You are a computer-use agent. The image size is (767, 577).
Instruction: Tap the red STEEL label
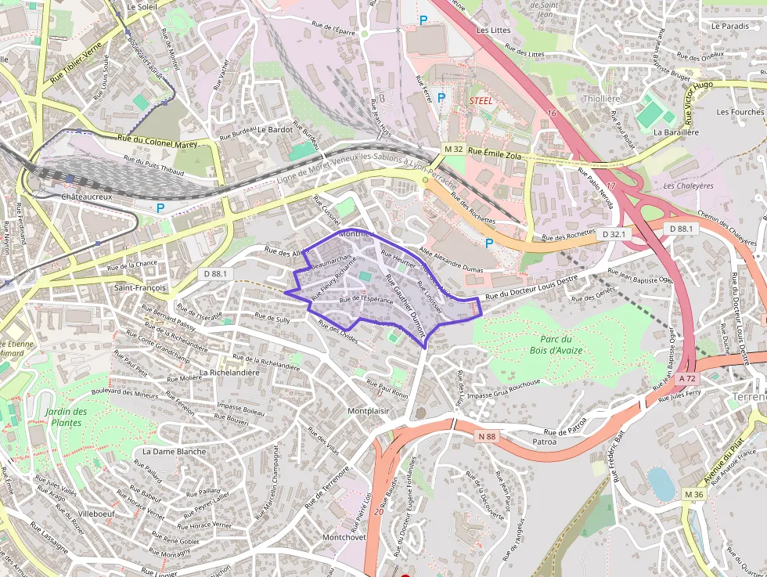point(481,101)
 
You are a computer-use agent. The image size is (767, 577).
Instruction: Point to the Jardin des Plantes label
point(66,417)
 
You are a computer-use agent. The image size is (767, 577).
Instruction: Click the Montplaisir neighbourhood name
point(368,411)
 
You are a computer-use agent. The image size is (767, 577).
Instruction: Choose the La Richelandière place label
point(229,373)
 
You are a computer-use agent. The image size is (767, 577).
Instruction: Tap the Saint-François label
point(140,288)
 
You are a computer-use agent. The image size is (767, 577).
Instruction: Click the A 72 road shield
point(687,378)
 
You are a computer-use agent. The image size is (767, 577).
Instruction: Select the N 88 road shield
point(487,436)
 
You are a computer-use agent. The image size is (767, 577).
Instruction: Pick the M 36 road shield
point(693,494)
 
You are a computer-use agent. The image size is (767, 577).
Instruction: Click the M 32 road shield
point(453,149)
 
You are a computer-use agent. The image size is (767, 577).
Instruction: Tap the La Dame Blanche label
point(174,452)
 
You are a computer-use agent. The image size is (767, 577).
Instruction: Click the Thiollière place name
point(601,99)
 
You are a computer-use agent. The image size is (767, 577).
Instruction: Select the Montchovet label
point(344,538)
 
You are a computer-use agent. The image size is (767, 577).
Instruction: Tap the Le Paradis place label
point(729,26)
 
